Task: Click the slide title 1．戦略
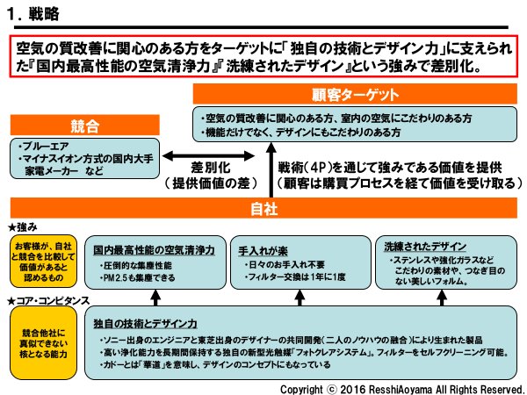coord(32,13)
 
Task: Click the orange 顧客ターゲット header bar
coord(354,94)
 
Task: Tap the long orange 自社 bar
coord(263,208)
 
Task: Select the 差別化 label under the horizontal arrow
coord(210,166)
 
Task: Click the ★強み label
coord(25,227)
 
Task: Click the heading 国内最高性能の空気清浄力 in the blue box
coord(153,249)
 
